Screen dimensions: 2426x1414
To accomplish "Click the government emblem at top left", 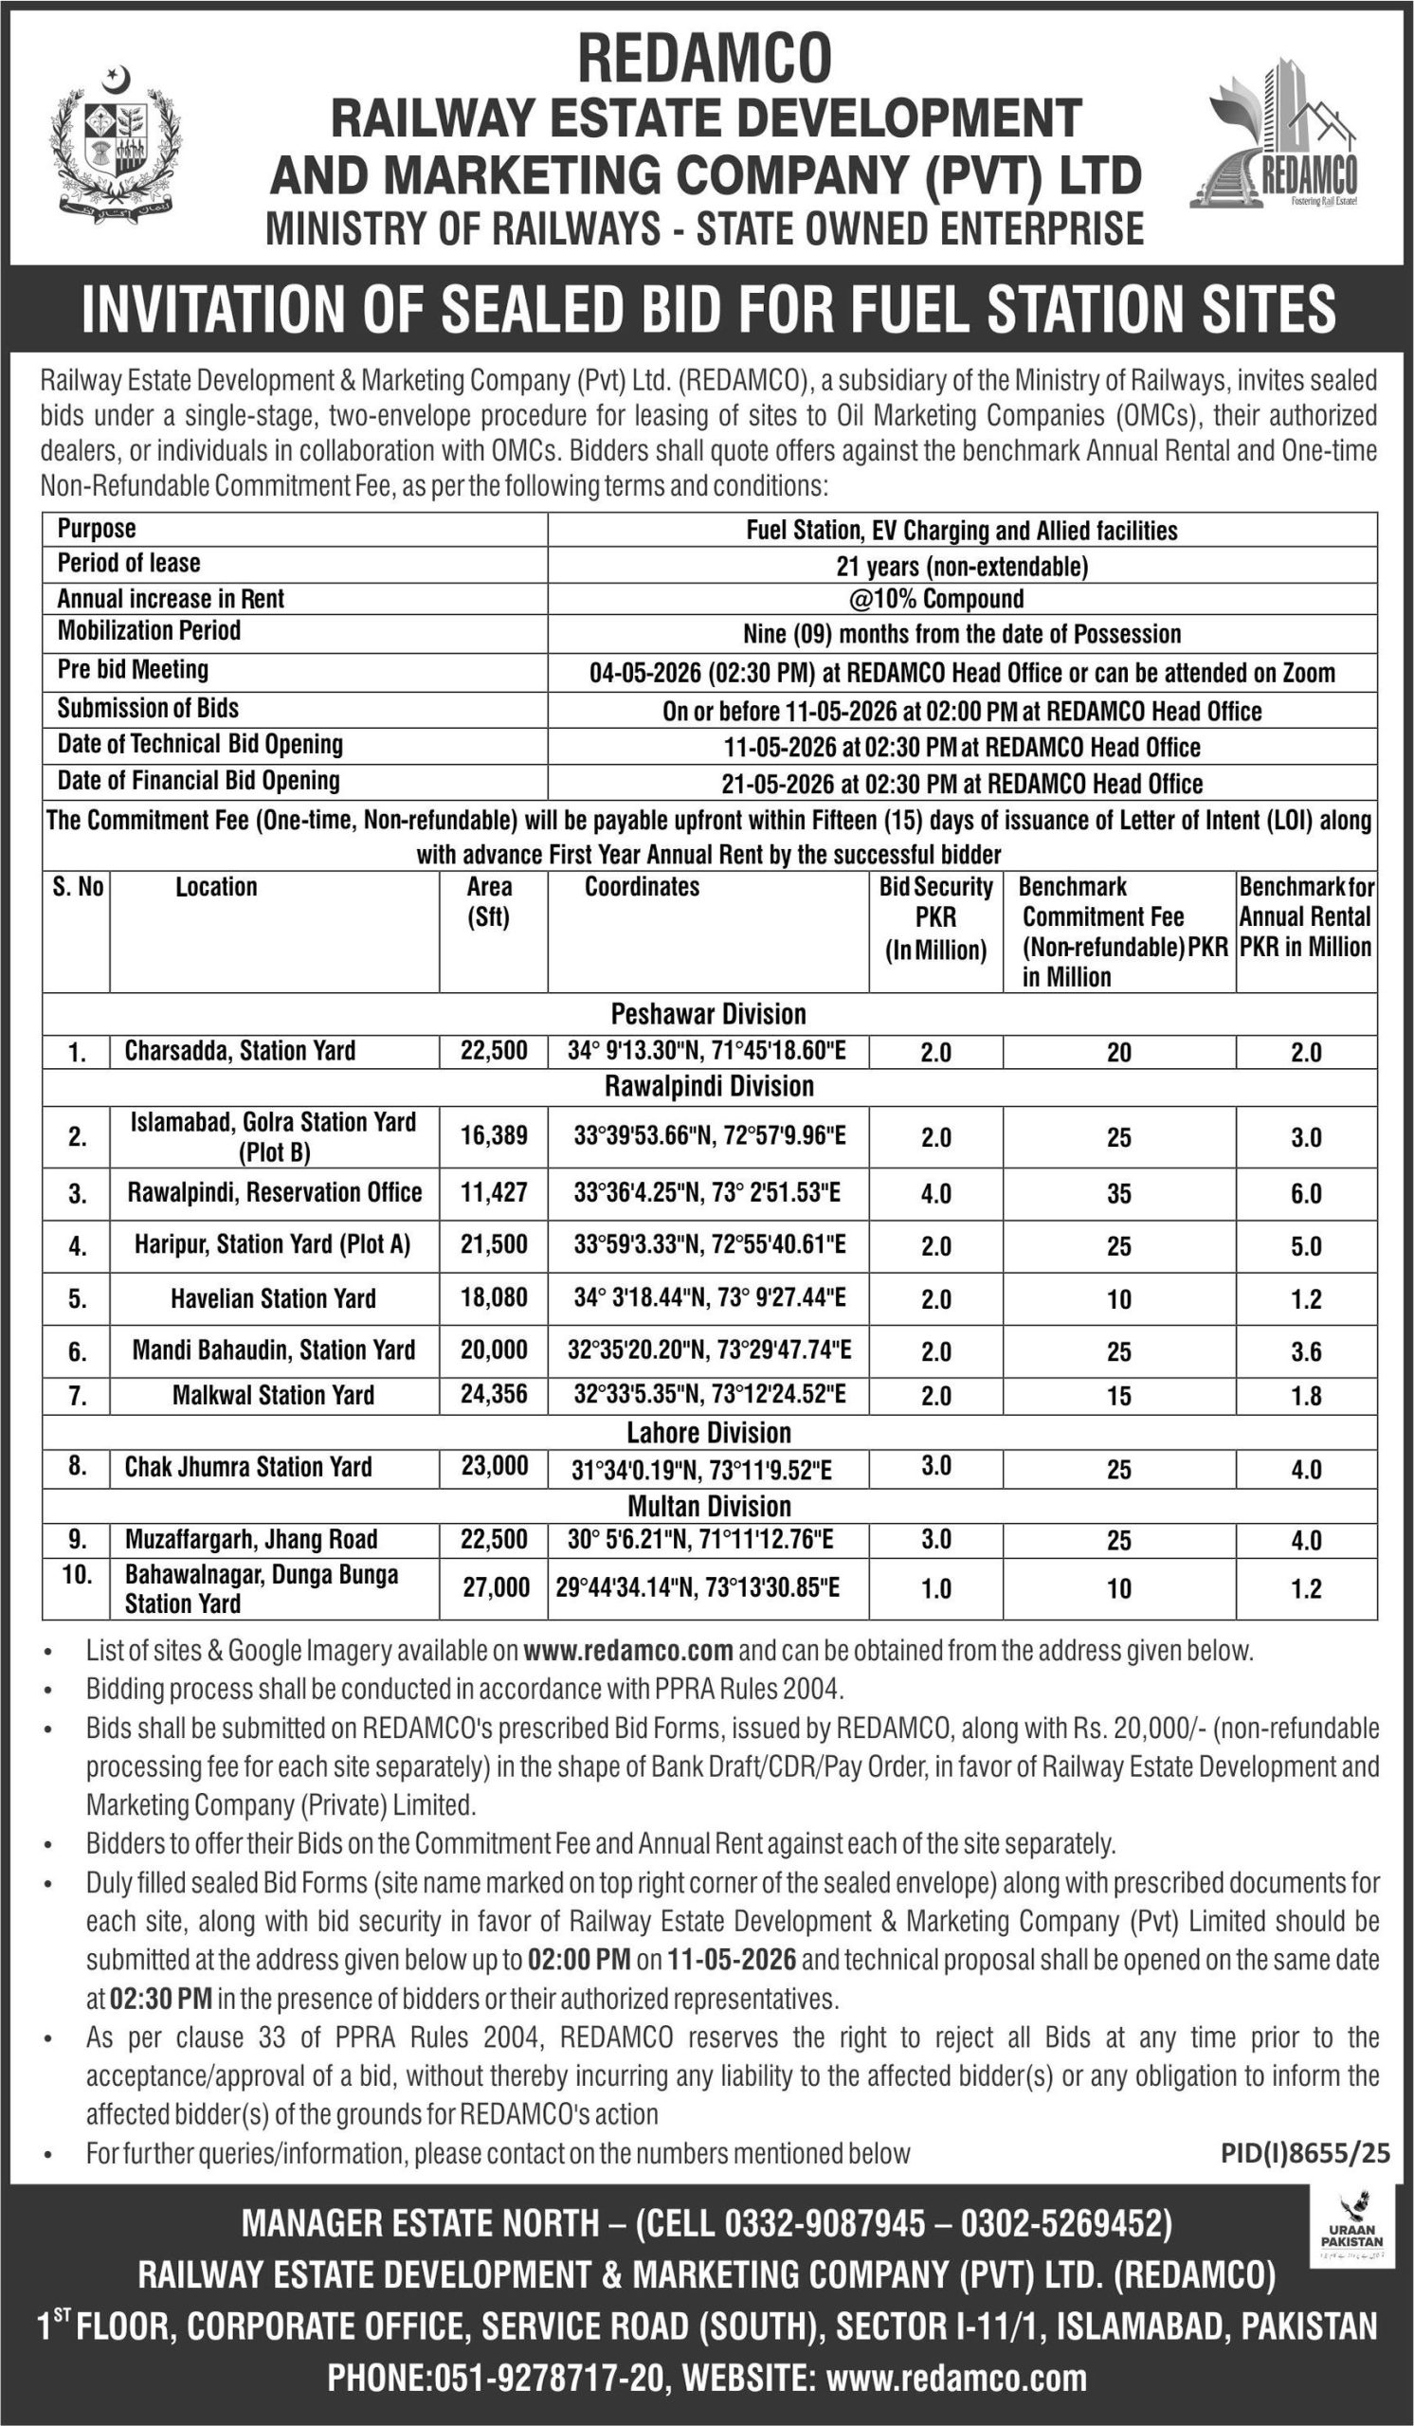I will pos(116,143).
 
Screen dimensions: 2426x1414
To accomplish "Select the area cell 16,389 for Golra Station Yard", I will pos(494,1135).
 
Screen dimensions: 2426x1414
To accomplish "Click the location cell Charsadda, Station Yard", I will pos(241,1050).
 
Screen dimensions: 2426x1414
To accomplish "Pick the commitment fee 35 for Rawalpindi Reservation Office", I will pos(1118,1194).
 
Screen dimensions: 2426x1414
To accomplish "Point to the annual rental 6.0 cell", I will pos(1305,1194).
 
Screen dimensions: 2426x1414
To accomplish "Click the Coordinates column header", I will pos(642,887).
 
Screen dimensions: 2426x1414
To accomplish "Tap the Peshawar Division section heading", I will pos(709,1014).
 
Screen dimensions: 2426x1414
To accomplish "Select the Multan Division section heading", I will pos(709,1506).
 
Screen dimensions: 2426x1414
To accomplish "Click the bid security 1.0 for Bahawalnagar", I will pos(935,1588).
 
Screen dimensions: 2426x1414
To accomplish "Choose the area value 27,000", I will pos(496,1587).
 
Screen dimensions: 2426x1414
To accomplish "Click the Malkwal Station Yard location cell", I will pos(273,1395).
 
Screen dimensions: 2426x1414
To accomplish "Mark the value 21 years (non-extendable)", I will pos(962,566).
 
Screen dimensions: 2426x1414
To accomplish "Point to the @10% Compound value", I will pos(936,599).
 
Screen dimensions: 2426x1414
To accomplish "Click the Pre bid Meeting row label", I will pos(133,669).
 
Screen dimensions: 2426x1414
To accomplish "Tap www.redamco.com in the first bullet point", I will pos(628,1651).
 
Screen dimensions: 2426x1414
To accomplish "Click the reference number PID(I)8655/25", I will pos(1305,2154).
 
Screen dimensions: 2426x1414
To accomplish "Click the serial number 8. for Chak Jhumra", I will pos(77,1466).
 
